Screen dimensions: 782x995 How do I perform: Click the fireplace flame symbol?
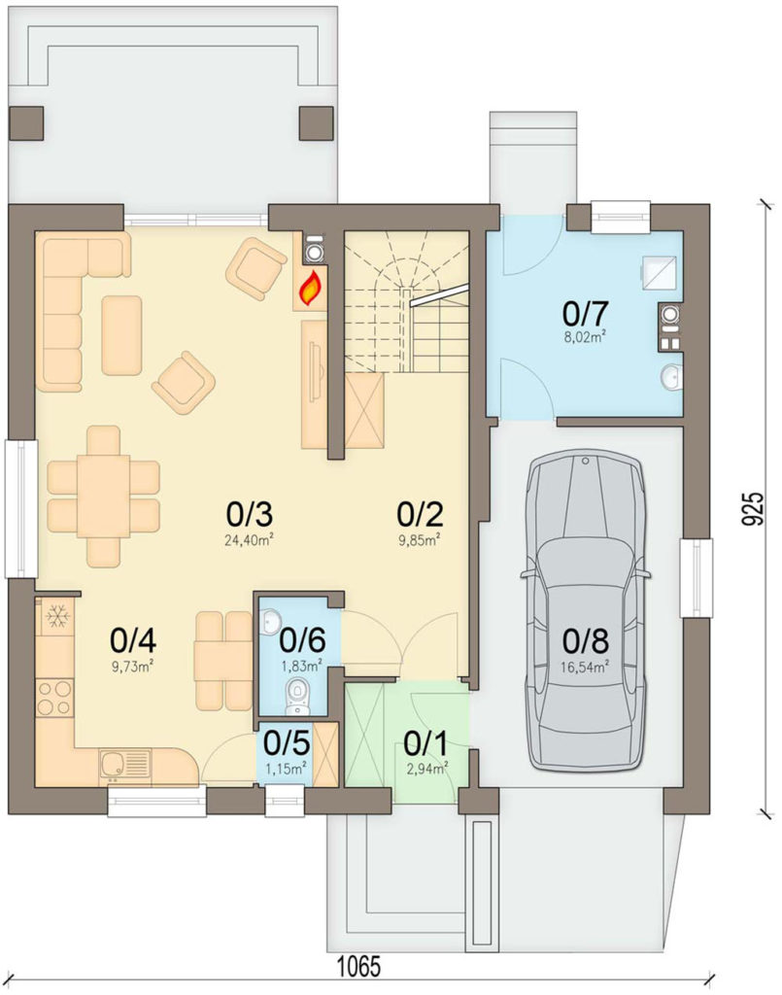pyautogui.click(x=310, y=290)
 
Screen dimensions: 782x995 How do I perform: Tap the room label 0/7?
pyautogui.click(x=585, y=313)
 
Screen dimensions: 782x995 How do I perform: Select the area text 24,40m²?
pyautogui.click(x=249, y=540)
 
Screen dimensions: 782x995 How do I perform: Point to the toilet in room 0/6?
pyautogui.click(x=294, y=693)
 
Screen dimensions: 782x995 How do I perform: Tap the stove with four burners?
pyautogui.click(x=54, y=697)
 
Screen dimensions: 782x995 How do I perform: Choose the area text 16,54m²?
pyautogui.click(x=585, y=667)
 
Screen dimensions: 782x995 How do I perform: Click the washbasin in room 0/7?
pyautogui.click(x=671, y=376)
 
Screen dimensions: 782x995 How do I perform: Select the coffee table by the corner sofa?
pyautogui.click(x=121, y=335)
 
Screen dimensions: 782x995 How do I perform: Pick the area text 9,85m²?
pyautogui.click(x=419, y=540)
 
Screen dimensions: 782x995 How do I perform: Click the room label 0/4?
pyautogui.click(x=132, y=641)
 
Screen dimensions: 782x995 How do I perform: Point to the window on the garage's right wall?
pyautogui.click(x=697, y=577)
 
